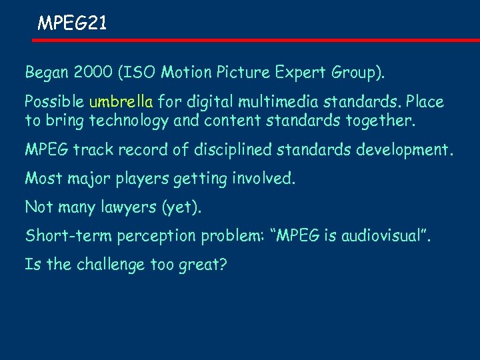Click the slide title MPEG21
pyautogui.click(x=71, y=24)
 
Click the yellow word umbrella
pyautogui.click(x=121, y=102)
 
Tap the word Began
pyautogui.click(x=45, y=72)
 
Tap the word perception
pyautogui.click(x=148, y=237)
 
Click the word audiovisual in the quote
pyautogui.click(x=380, y=236)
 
